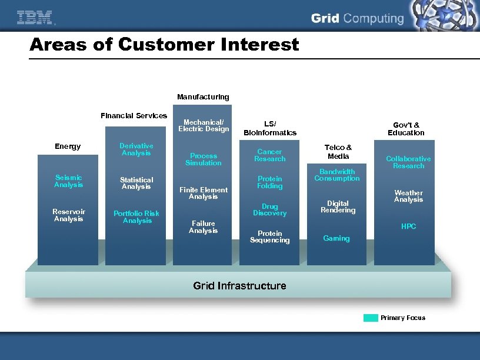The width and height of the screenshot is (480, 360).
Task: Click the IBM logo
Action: coord(35,18)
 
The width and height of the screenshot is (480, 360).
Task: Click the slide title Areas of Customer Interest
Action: coord(164,45)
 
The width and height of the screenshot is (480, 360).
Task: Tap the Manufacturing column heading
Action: coord(203,96)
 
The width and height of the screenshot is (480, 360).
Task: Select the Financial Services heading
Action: coord(134,116)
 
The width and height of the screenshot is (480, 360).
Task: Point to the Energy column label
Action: coord(68,146)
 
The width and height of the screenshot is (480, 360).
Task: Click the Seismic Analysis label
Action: coord(68,181)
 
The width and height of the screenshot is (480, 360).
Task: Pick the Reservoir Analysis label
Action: coord(69,215)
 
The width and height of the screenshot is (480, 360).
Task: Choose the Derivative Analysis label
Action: coord(136,149)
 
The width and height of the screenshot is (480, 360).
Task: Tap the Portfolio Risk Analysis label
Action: coord(136,217)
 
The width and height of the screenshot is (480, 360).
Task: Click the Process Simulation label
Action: coord(204,159)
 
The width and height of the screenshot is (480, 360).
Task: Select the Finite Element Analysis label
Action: coord(204,193)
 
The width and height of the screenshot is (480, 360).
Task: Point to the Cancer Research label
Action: coord(269,155)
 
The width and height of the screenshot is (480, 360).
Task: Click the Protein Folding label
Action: coord(269,182)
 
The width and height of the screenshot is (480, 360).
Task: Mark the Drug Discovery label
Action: coord(269,209)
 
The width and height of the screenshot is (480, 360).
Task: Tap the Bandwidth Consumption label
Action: coord(337,175)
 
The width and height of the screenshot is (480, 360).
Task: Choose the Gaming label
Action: coord(336,238)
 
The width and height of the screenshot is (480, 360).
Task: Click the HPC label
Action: coord(408,226)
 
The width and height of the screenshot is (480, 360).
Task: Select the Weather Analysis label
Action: coord(408,196)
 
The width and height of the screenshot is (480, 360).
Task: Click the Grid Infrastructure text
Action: coord(239,286)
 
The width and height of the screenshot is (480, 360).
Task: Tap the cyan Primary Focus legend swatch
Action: coord(371,318)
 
